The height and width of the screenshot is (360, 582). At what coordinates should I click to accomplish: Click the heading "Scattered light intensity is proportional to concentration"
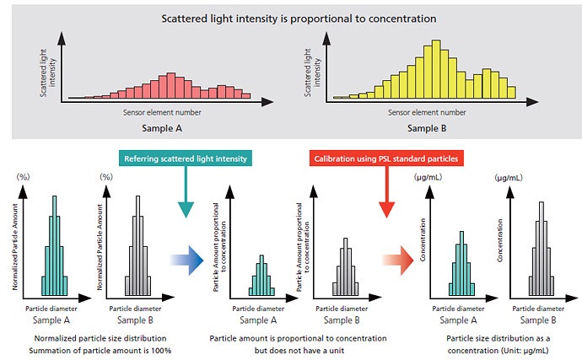tap(288, 18)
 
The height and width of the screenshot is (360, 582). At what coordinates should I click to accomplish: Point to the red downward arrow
tap(388, 202)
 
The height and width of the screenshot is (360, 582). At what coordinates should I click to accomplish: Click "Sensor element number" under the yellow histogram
tap(428, 111)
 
